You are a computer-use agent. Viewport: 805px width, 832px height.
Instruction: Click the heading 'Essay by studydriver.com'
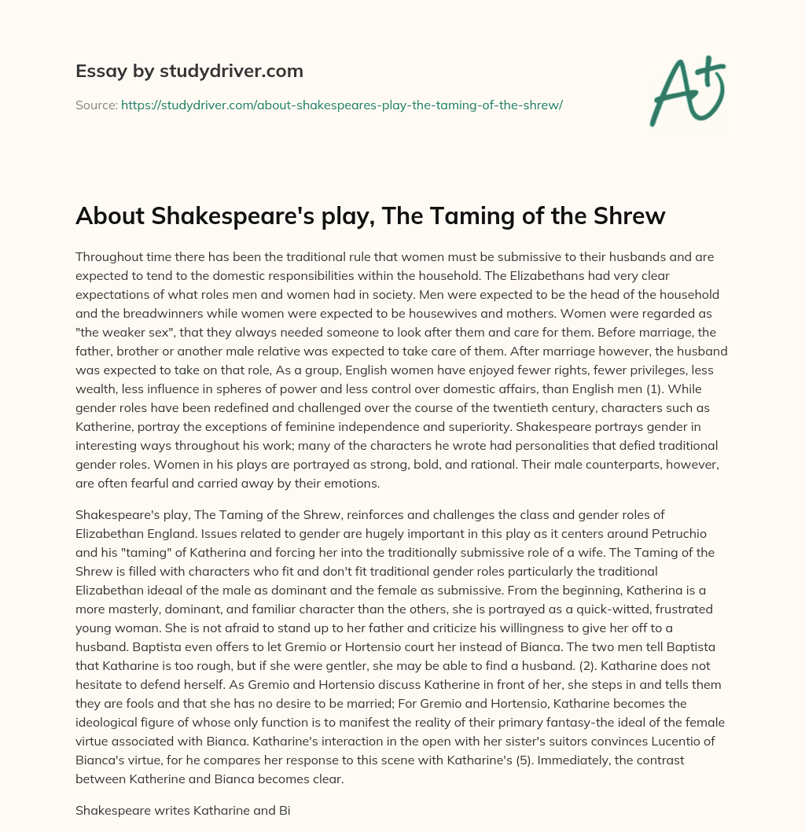189,71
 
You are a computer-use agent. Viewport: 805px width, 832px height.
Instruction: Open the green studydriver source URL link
341,105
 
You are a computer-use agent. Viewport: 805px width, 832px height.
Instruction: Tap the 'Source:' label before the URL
96,105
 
